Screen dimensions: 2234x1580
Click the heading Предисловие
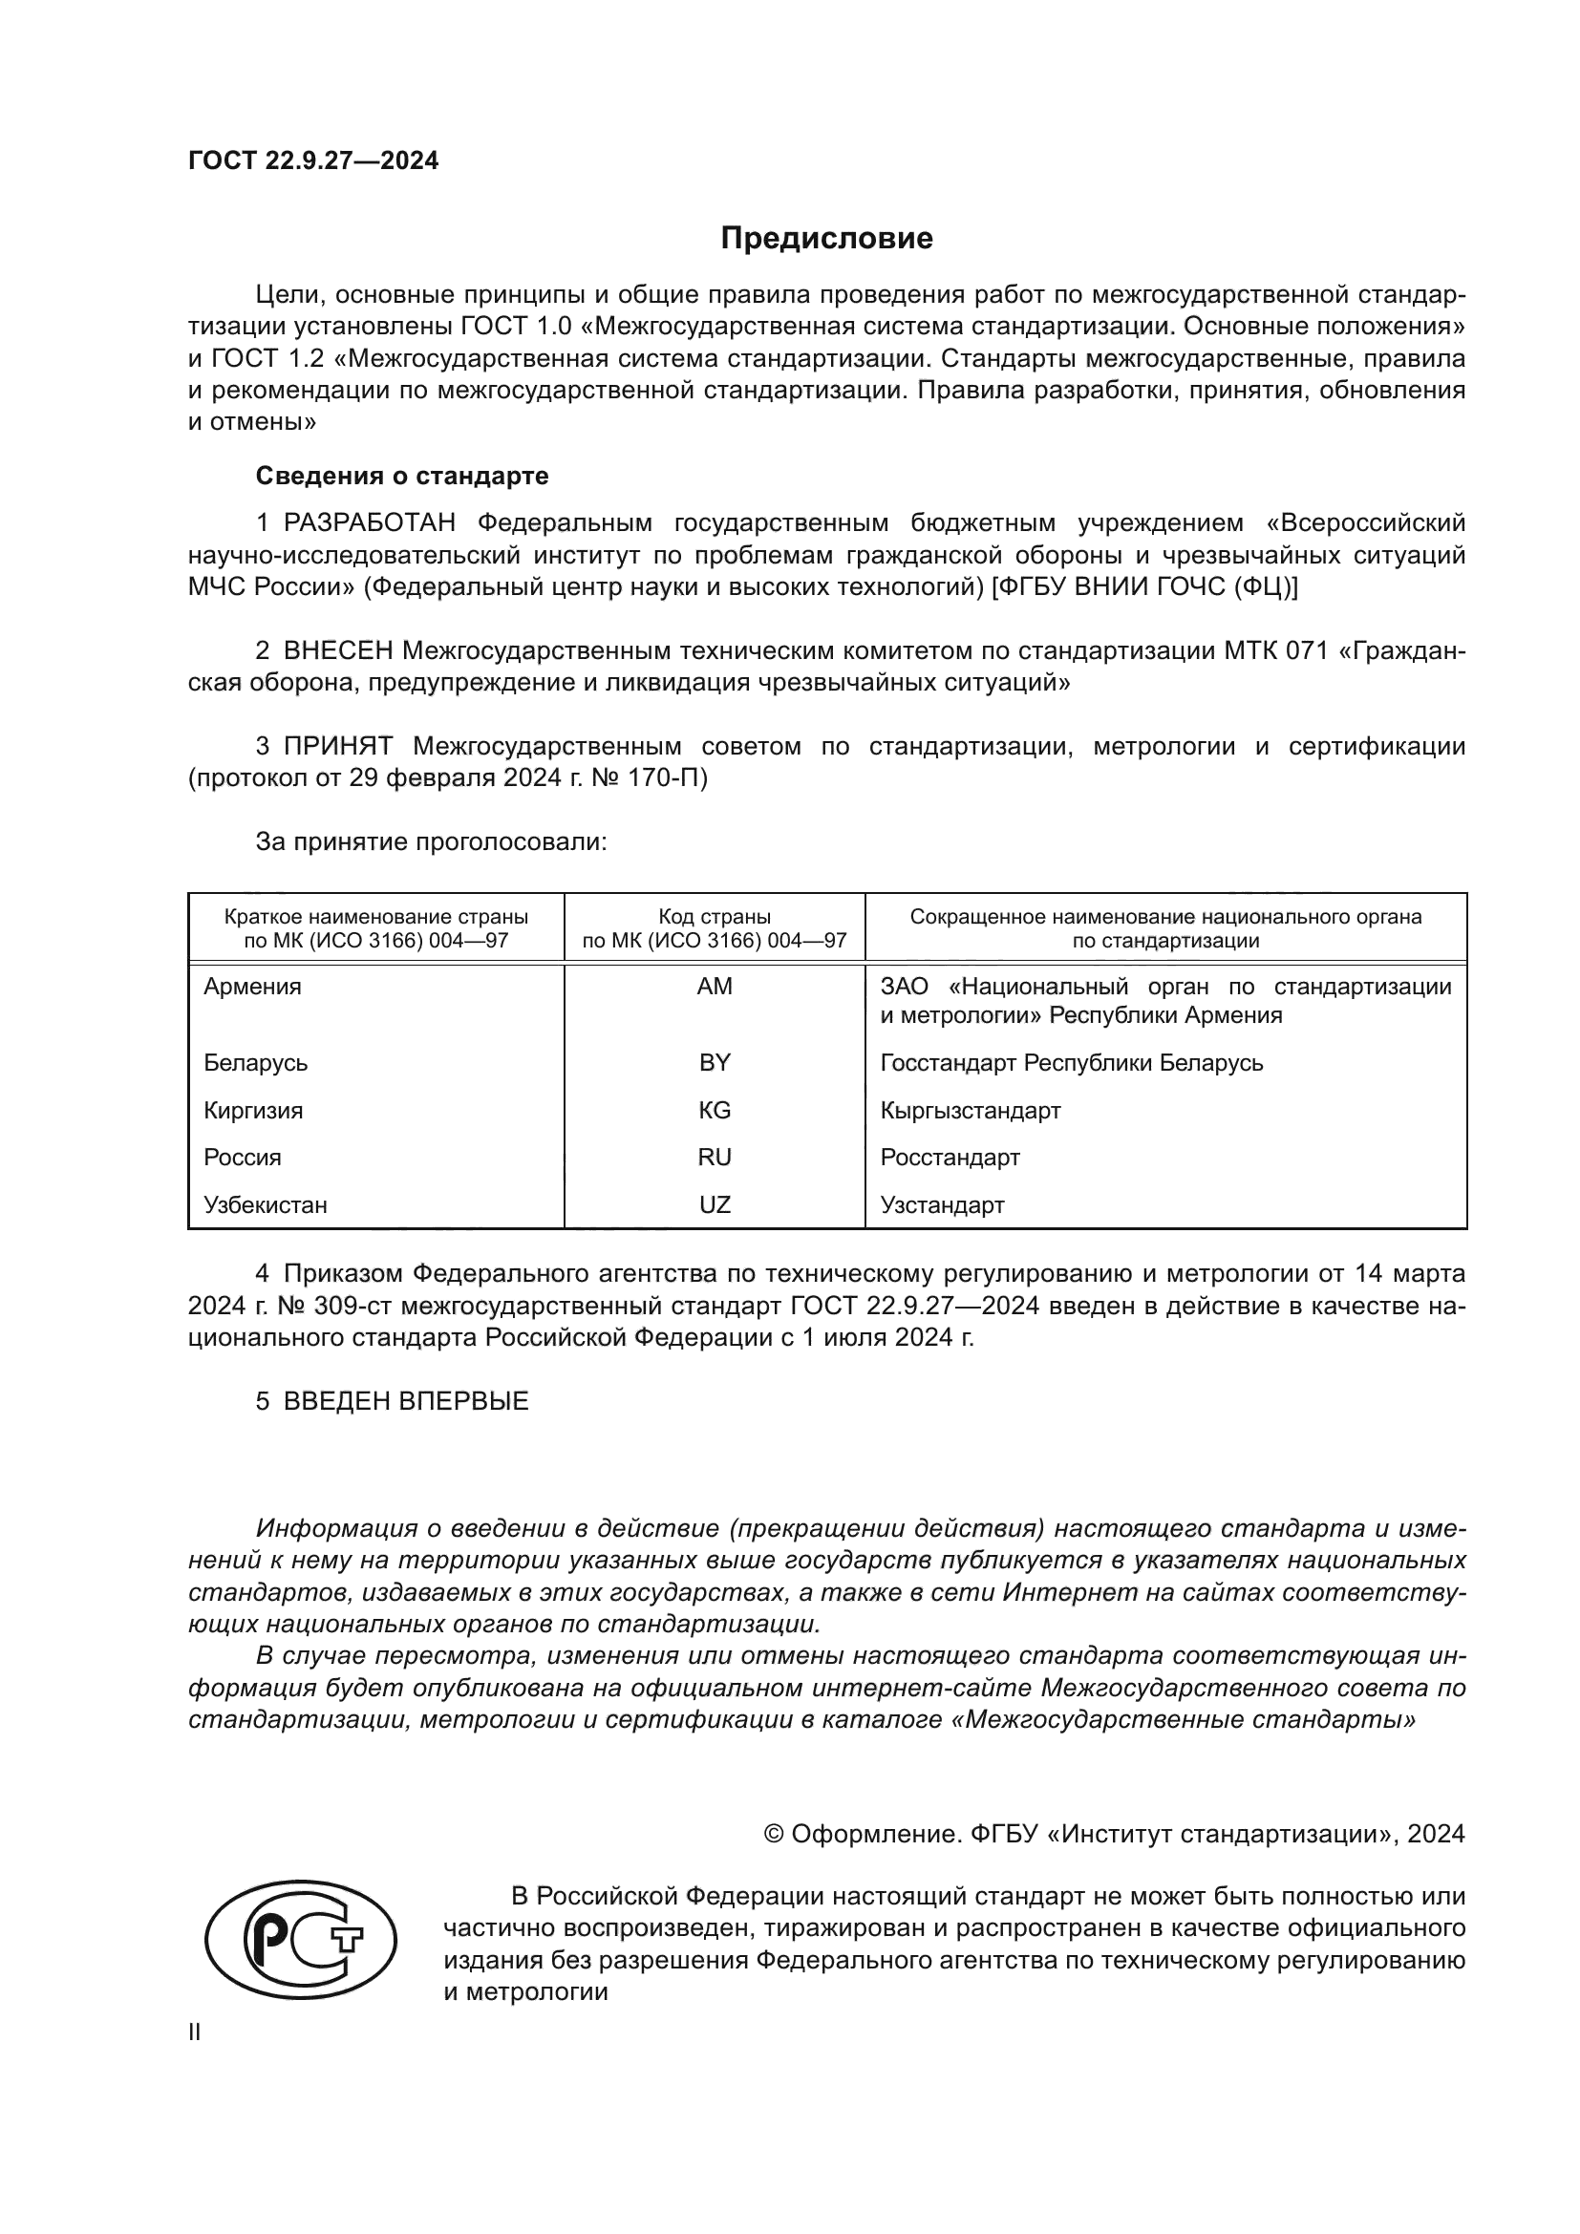(826, 239)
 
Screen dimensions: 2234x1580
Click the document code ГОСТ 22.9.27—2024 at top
(313, 160)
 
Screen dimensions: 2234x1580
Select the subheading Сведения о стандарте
(402, 476)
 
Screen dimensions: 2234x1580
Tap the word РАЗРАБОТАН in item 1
(370, 523)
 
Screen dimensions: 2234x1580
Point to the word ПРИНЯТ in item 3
(338, 746)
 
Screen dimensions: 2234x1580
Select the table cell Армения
(253, 987)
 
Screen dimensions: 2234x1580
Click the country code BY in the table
(715, 1062)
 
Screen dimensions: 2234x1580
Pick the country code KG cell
(715, 1110)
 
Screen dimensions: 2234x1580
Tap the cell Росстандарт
(950, 1158)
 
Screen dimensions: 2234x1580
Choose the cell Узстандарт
(942, 1205)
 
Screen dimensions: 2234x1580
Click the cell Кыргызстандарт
(970, 1110)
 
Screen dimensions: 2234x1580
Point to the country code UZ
(715, 1205)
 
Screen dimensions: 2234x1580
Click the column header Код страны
(715, 917)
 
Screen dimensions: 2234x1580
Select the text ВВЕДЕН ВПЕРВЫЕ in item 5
(406, 1401)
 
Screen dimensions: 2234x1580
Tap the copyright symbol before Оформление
(775, 1834)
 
